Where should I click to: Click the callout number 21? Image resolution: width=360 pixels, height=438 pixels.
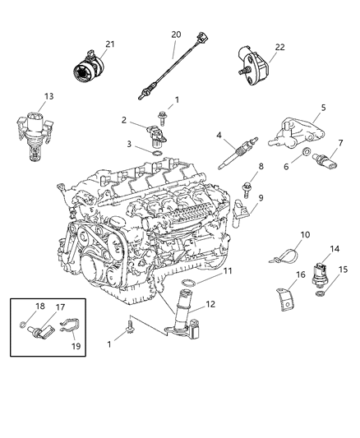[109, 44]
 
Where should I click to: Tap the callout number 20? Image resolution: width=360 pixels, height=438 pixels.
[175, 34]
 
